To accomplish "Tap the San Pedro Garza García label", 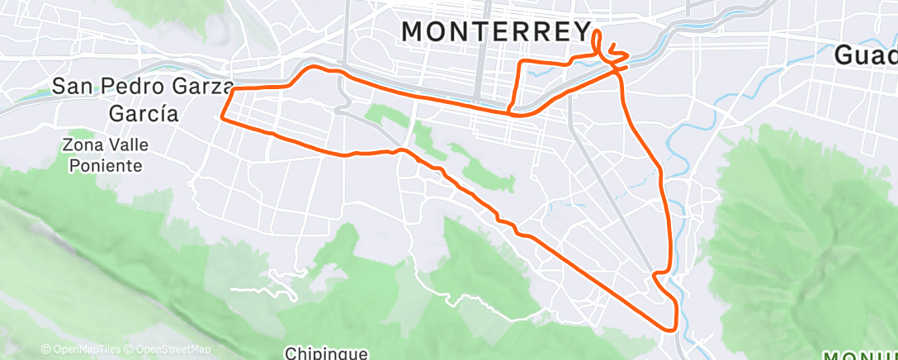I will (144, 98).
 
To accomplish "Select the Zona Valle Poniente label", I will (105, 154).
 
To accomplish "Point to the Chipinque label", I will (325, 353).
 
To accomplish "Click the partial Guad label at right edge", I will (866, 55).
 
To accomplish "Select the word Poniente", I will (105, 165).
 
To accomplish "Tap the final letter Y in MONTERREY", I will (581, 31).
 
